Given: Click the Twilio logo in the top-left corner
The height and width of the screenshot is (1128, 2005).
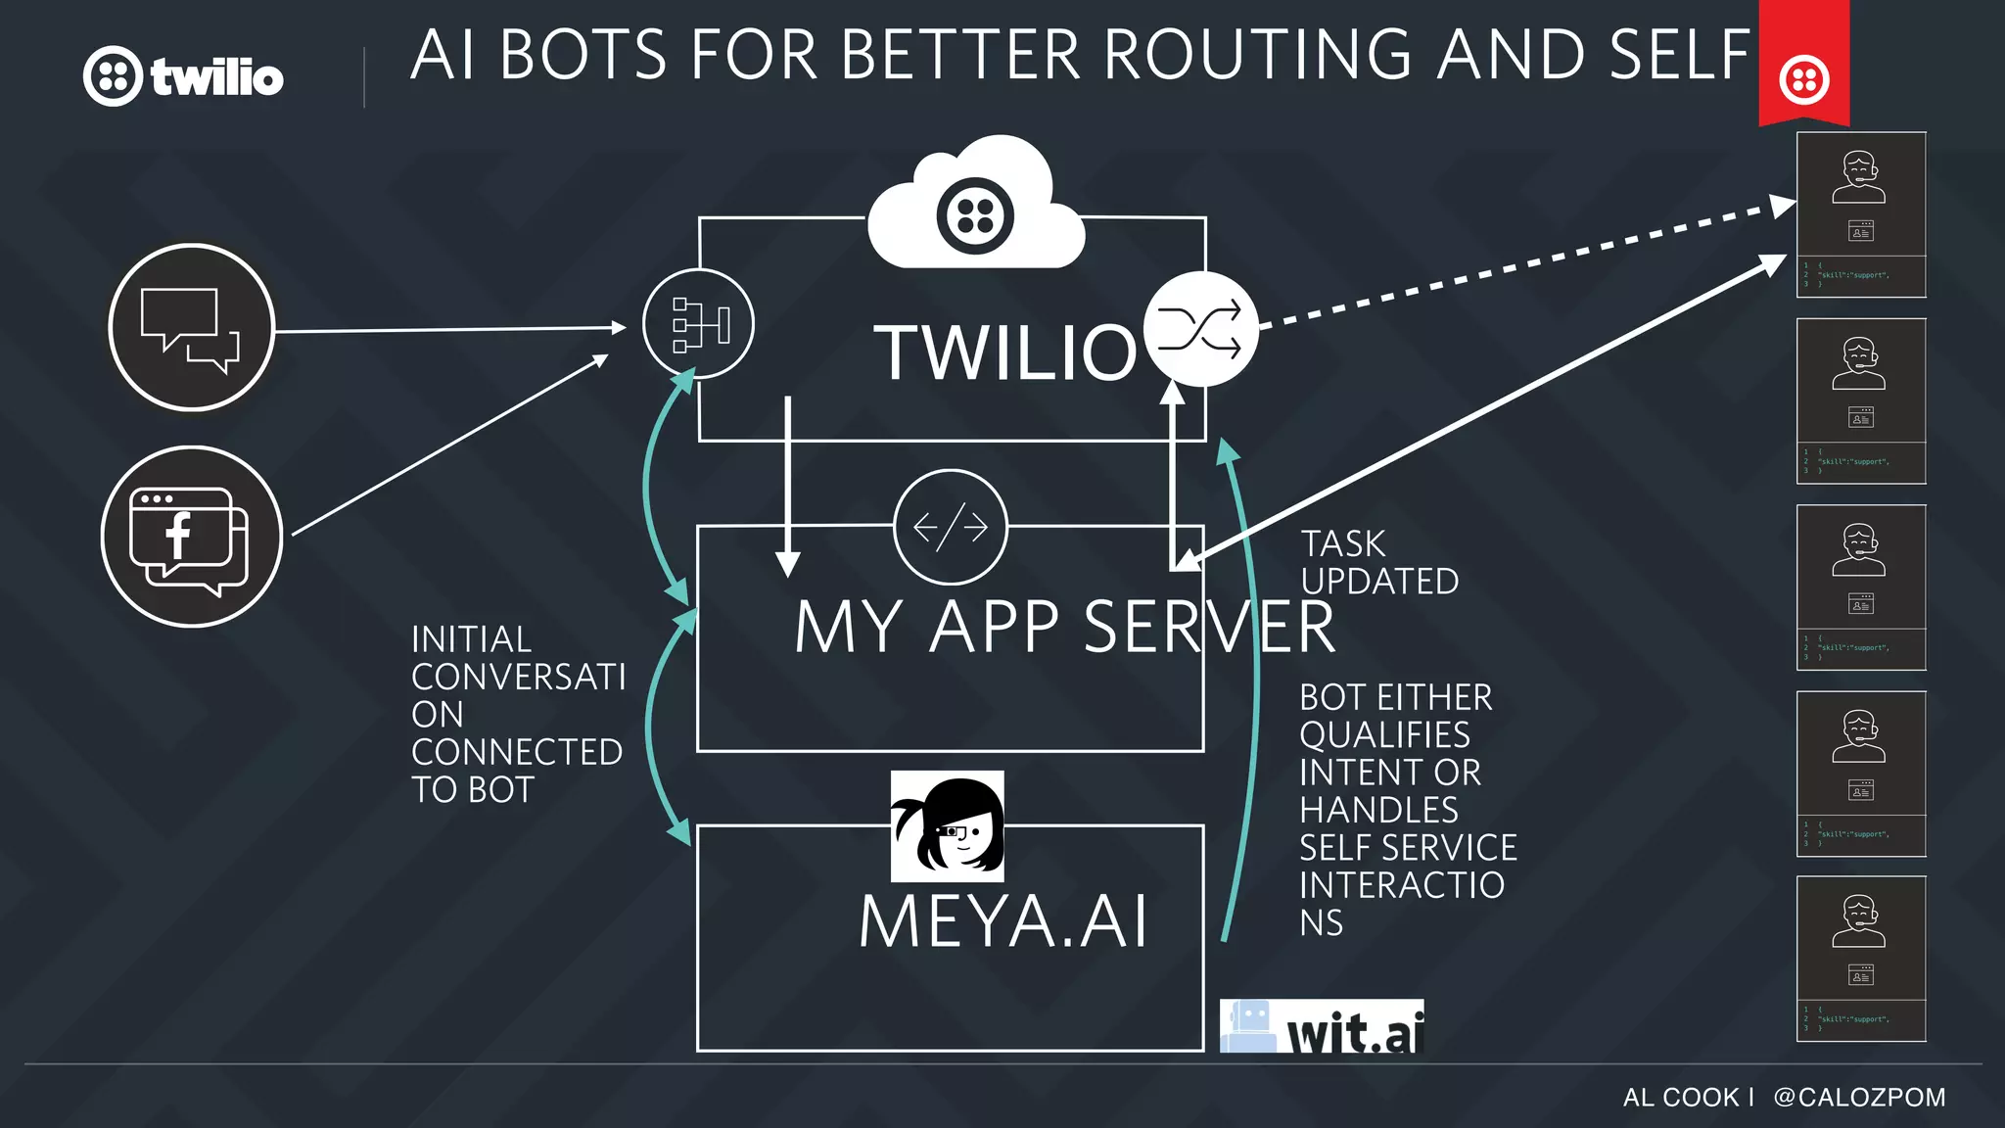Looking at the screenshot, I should [183, 76].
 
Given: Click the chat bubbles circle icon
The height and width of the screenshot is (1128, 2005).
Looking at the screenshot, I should [191, 327].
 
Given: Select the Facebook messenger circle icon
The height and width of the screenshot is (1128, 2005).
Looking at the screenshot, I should [191, 537].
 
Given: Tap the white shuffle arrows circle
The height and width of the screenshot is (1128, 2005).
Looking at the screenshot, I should [1200, 330].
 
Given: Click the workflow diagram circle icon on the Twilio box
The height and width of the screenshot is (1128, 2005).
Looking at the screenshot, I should [698, 324].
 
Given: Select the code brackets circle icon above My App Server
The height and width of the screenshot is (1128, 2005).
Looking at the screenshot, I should [950, 527].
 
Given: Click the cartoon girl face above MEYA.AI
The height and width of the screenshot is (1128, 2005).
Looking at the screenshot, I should [947, 825].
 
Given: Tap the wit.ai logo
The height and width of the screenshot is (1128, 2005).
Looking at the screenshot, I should [1322, 1026].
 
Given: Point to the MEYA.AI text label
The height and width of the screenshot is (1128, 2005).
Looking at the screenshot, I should [1002, 922].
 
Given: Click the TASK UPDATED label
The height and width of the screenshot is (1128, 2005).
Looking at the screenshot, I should [1378, 562].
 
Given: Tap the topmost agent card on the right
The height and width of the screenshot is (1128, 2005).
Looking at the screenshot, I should [1860, 214].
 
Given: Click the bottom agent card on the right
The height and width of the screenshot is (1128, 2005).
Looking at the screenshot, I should [1860, 959].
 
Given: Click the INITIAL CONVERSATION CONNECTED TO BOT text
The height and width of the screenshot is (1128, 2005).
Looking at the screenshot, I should [517, 714].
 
